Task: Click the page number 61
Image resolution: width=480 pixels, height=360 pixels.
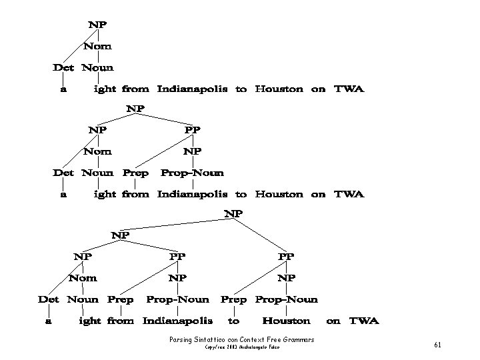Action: click(437, 345)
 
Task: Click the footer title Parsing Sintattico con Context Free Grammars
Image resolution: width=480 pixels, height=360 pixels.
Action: click(242, 340)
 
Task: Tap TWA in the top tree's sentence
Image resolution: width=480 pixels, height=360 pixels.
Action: click(349, 89)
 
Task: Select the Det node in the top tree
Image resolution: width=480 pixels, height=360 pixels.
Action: click(63, 67)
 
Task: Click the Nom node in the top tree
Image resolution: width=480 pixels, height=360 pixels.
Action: click(97, 46)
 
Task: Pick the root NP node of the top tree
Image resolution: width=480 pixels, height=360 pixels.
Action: click(97, 24)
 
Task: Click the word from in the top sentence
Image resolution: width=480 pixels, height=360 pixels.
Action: click(136, 89)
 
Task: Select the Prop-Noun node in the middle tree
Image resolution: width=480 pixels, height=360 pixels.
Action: click(192, 173)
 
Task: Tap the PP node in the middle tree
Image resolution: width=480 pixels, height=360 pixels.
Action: click(192, 129)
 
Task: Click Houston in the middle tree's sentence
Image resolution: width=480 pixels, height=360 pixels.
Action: click(279, 195)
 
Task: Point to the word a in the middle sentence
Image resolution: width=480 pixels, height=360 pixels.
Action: click(63, 195)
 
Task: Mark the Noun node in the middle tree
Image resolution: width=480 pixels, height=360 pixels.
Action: click(97, 173)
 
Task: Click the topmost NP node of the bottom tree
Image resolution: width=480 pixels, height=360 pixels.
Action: click(233, 214)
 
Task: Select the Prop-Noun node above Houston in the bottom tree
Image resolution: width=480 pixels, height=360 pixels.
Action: click(287, 299)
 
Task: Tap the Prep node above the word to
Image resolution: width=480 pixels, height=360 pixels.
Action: click(233, 299)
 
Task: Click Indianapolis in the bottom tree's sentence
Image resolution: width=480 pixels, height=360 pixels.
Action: click(177, 321)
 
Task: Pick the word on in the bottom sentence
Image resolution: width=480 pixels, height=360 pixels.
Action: click(333, 321)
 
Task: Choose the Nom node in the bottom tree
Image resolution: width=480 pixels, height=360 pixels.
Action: click(83, 278)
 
